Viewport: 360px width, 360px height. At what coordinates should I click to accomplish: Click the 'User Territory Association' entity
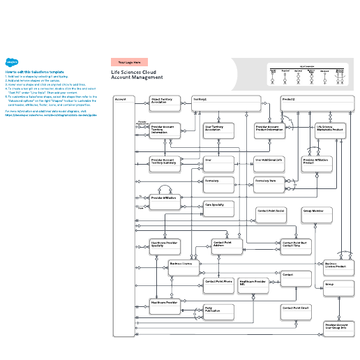[218, 131]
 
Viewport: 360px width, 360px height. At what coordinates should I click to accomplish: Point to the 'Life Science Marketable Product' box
[330, 131]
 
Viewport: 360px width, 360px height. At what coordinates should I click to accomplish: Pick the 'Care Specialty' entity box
[218, 209]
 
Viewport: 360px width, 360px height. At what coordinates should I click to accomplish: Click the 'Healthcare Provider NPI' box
[253, 286]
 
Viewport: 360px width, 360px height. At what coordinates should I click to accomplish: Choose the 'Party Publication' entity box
[218, 311]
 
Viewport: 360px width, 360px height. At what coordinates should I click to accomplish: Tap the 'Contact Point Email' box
[296, 310]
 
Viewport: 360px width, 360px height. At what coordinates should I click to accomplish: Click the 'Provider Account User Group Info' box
[340, 329]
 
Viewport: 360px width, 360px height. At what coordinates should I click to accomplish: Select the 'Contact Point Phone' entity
[218, 284]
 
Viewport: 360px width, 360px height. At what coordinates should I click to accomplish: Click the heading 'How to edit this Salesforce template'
[34, 72]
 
